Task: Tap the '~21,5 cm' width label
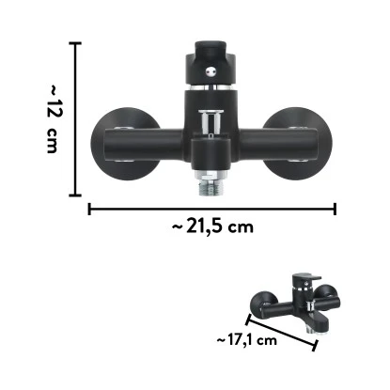[213, 226]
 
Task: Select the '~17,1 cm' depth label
[244, 340]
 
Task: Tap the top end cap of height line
[77, 42]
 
